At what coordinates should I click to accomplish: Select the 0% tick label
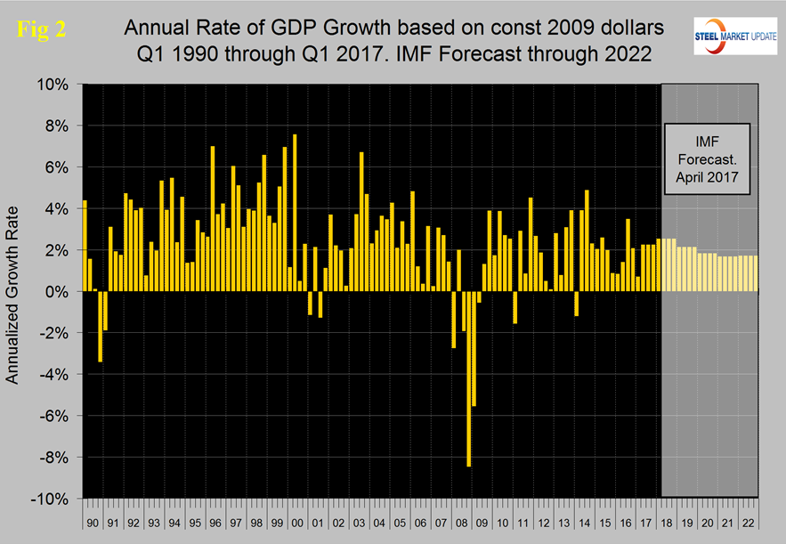pos(58,292)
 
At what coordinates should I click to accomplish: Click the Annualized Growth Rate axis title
pos(14,292)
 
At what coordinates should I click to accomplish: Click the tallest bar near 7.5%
pos(295,213)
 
